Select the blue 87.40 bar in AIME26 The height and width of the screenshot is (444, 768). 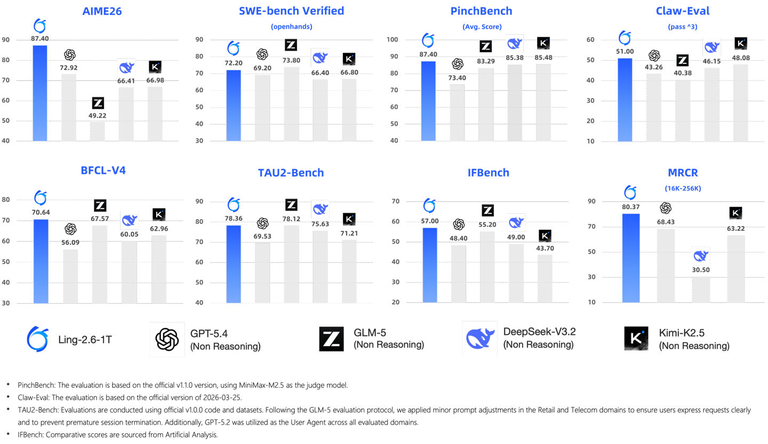40,93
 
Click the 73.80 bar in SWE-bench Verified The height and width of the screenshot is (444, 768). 291,104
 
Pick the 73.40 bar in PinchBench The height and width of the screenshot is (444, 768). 457,112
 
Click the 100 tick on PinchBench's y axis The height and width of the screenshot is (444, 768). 407,40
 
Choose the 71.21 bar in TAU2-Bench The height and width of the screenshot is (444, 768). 349,271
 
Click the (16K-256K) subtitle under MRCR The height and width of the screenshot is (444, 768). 683,188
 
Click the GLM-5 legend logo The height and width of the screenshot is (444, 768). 332,339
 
